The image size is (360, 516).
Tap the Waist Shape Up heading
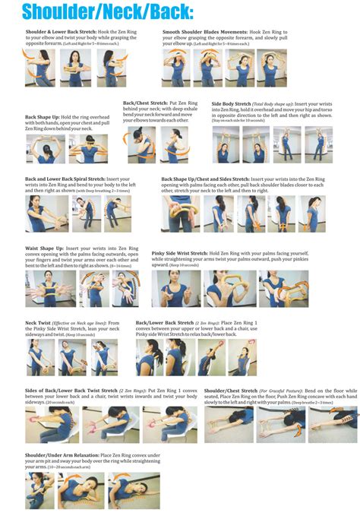coord(43,247)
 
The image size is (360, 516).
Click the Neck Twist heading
coord(39,322)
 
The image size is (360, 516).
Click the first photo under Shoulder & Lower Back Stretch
coord(39,68)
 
